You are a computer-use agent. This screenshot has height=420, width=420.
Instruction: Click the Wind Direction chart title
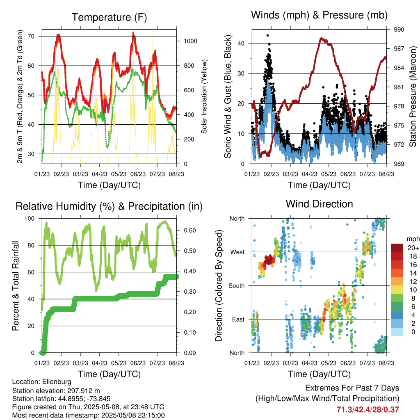[x=319, y=203]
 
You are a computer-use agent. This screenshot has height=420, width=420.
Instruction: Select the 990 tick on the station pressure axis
[x=399, y=30]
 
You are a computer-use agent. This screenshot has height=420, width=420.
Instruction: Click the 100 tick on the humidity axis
[x=33, y=218]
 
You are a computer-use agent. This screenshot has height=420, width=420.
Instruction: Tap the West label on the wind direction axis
[x=237, y=252]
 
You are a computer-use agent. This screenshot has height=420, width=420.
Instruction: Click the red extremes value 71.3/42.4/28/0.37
[x=367, y=409]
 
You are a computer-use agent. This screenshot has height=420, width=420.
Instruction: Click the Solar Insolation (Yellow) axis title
[x=204, y=96]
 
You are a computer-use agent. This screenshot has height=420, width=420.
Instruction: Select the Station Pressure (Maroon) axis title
[x=413, y=96]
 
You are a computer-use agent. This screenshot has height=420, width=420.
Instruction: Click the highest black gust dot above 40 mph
[x=267, y=36]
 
